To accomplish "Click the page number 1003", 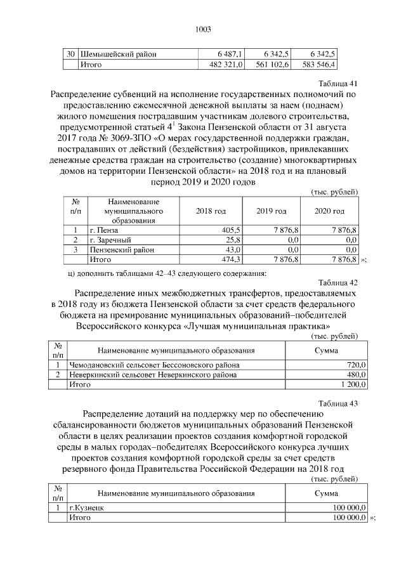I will point(202,29).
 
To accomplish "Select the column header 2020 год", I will point(330,211).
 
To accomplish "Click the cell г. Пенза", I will point(104,230).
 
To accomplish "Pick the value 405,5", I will point(230,230).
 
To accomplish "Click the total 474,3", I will point(230,259).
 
